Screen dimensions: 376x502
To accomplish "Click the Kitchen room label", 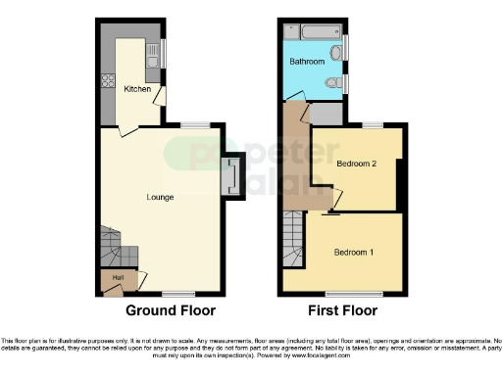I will tap(137, 89).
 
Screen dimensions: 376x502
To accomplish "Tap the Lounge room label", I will tap(160, 197).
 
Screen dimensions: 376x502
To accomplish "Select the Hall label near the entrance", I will tap(119, 279).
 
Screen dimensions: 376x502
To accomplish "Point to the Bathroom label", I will tap(307, 62).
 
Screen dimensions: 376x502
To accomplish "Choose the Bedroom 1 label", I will tap(354, 252).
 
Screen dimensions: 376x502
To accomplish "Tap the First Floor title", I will tap(342, 311).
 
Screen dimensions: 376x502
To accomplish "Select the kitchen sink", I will tap(154, 62).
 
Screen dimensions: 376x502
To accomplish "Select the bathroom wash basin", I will tap(336, 52).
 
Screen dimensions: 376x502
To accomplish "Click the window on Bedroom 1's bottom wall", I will tap(341, 292).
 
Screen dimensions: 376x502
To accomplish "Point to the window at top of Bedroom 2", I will tap(372, 124).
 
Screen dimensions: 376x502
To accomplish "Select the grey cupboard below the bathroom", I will tap(327, 113).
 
